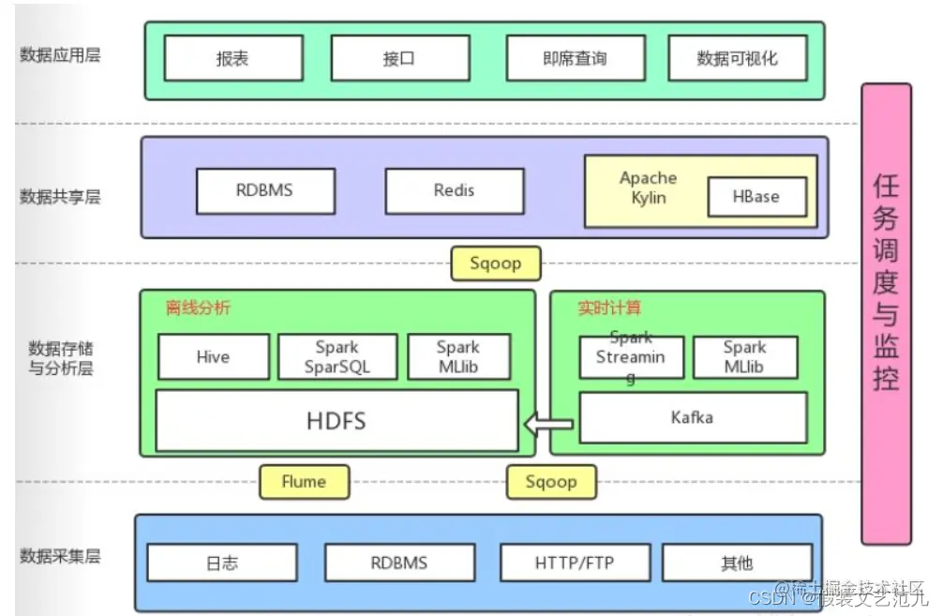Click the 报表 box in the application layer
pos(233,58)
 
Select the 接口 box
pos(399,58)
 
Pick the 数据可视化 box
pos(737,58)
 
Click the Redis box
pos(454,190)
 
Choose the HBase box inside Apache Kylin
pos(756,197)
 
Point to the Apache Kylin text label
pos(648,187)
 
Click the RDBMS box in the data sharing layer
pos(264,190)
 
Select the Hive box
pos(213,356)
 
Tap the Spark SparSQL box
pos(337,356)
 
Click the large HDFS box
pos(337,420)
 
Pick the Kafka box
pos(692,417)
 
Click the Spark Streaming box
pos(631,356)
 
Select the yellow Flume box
pos(304,482)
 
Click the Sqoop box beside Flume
pos(550,482)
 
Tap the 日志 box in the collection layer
pos(221,563)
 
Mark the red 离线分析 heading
pos(198,308)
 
